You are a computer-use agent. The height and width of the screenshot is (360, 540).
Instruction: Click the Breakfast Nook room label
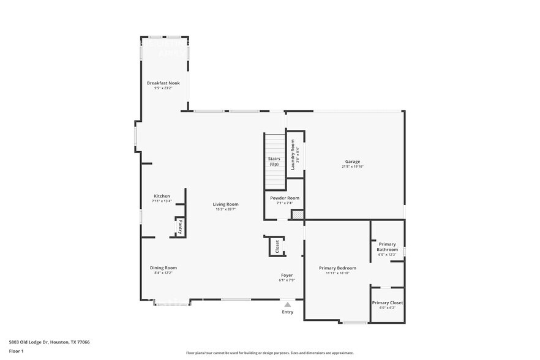163,83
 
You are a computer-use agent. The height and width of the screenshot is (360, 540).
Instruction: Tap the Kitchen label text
162,196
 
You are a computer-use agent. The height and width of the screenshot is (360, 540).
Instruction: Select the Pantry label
181,227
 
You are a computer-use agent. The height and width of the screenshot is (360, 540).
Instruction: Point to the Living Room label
225,204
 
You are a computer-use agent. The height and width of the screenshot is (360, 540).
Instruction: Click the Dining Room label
163,268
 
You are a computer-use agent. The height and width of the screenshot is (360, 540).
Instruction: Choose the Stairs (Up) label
274,161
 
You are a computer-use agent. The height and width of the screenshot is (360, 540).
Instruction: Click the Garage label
352,162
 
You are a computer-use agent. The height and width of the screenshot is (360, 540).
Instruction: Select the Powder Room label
285,198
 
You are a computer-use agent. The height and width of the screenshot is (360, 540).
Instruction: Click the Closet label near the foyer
277,246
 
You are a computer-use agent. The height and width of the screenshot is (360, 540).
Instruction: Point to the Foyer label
287,276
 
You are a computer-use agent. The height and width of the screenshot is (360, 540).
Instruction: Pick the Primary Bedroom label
337,268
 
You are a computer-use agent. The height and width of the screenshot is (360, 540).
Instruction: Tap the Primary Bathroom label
387,247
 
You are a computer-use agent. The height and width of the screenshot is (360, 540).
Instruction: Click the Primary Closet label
387,302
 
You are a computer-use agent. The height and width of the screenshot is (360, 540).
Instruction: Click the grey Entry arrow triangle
287,304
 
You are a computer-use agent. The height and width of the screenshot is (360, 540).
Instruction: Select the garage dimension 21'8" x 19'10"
352,167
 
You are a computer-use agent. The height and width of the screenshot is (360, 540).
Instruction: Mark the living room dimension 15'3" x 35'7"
225,209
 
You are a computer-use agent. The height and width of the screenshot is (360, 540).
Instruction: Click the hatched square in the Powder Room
297,214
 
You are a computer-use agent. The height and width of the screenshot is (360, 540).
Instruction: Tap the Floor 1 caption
16,351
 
